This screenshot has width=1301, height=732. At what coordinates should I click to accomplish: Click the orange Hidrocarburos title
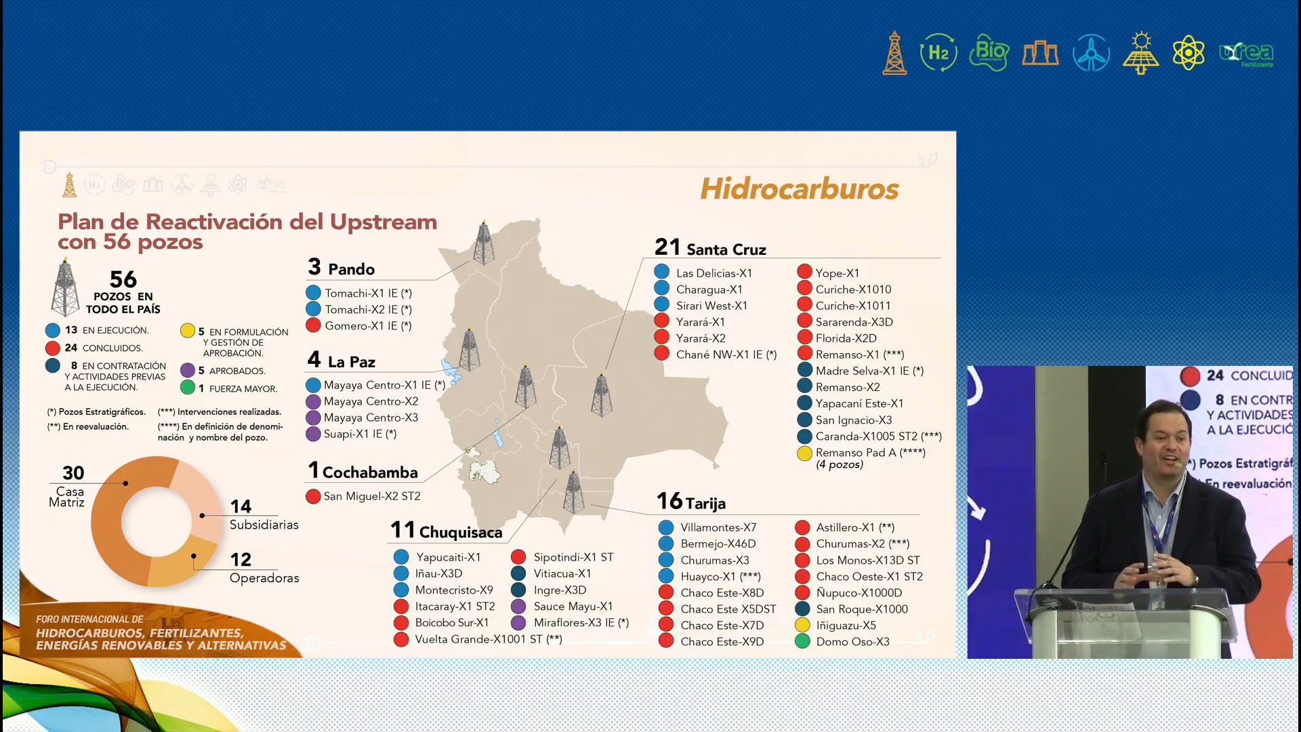[x=799, y=188]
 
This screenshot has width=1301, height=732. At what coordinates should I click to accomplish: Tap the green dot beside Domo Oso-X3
[x=802, y=641]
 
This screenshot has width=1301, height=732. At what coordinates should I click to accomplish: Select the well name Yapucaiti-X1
[x=448, y=557]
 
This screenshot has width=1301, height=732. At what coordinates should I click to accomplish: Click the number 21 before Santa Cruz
[x=667, y=247]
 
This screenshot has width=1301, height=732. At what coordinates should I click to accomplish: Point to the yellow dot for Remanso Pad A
[x=804, y=453]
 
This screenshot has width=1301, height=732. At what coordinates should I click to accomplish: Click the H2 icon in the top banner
[x=938, y=53]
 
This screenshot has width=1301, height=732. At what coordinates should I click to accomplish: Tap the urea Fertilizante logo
[x=1247, y=54]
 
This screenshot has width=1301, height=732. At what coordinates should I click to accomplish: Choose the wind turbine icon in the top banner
[x=1091, y=53]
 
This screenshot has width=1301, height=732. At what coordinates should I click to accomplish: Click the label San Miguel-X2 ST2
[x=371, y=496]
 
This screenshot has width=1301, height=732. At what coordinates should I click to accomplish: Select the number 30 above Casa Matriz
[x=73, y=472]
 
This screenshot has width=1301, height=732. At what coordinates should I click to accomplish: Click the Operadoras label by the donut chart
[x=264, y=578]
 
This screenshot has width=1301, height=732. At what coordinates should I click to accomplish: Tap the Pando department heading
[x=350, y=269]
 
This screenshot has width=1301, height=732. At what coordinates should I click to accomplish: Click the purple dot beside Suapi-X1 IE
[x=313, y=434]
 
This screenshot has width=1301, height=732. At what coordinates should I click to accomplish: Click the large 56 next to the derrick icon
[x=123, y=279]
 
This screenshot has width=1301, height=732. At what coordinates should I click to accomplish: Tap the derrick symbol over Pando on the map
[x=483, y=243]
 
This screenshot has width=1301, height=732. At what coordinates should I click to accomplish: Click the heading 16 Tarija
[x=691, y=502]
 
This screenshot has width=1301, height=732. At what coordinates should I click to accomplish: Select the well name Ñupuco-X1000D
[x=859, y=593]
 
